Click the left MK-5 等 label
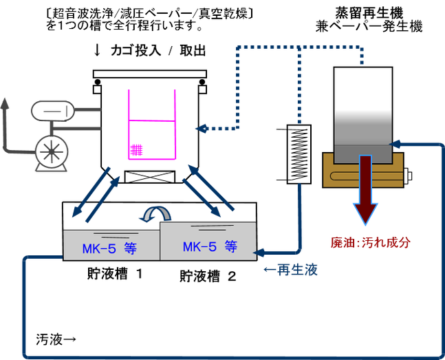coord(109,249)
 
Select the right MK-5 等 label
coord(209,246)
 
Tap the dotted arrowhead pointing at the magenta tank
coord(199,128)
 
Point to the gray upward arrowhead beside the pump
coord(6,103)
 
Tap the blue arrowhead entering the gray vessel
coord(395,144)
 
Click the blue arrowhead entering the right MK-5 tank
coord(262,252)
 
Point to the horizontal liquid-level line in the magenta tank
coord(152,121)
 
